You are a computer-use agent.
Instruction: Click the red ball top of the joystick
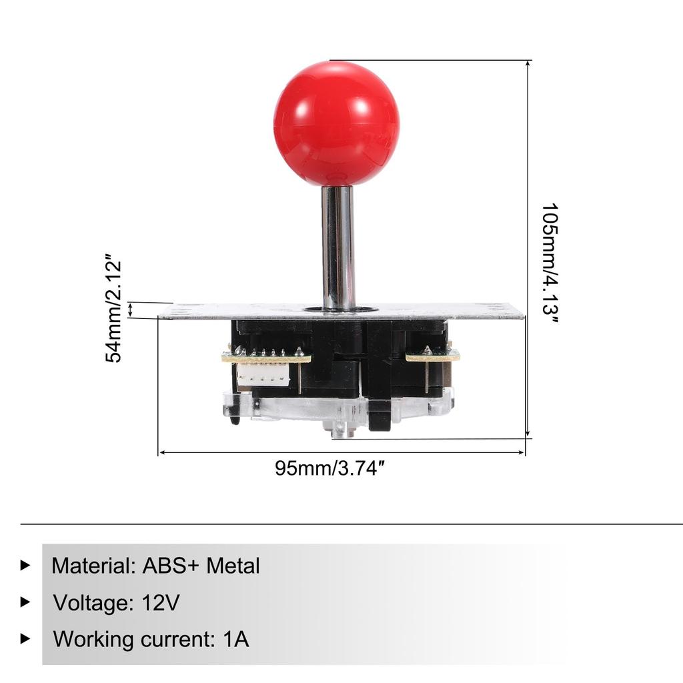pyautogui.click(x=336, y=123)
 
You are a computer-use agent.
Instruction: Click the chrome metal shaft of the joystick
pyautogui.click(x=338, y=247)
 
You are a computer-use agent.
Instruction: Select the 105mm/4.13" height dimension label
pyautogui.click(x=550, y=263)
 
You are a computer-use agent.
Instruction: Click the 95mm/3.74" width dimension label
pyautogui.click(x=331, y=468)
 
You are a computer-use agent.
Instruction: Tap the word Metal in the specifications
pyautogui.click(x=233, y=566)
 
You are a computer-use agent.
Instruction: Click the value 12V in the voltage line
pyautogui.click(x=161, y=603)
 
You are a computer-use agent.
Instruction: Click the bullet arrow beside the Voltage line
pyautogui.click(x=25, y=602)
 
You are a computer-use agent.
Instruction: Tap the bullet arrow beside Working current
pyautogui.click(x=25, y=638)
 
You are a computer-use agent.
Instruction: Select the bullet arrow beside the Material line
pyautogui.click(x=25, y=566)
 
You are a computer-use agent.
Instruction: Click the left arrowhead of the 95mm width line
pyautogui.click(x=161, y=453)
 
